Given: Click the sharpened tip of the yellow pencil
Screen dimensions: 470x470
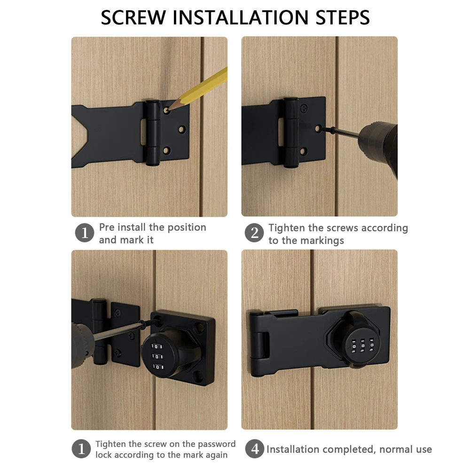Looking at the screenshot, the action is [168, 110].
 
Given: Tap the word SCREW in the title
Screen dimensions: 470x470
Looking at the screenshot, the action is [133, 18].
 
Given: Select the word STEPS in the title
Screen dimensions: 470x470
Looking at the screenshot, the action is [343, 18].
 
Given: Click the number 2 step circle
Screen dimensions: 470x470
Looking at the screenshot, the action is [254, 233].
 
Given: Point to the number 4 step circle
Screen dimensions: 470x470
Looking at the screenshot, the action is [254, 449].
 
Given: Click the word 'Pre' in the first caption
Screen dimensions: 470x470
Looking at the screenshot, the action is [106, 227].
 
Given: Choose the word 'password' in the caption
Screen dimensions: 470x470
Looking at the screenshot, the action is [217, 444].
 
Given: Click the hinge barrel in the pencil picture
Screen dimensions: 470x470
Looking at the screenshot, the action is [153, 133].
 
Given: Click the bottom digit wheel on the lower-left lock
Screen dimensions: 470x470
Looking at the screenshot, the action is [158, 367].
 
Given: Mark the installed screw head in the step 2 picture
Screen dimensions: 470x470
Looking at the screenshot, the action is [304, 107].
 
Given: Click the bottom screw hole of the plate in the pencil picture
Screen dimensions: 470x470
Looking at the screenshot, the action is [166, 150].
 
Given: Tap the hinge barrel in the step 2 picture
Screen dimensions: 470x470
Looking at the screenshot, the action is [291, 132].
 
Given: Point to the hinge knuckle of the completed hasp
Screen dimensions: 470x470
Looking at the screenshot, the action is [258, 345].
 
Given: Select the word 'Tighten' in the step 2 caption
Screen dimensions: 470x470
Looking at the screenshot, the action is [287, 228].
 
